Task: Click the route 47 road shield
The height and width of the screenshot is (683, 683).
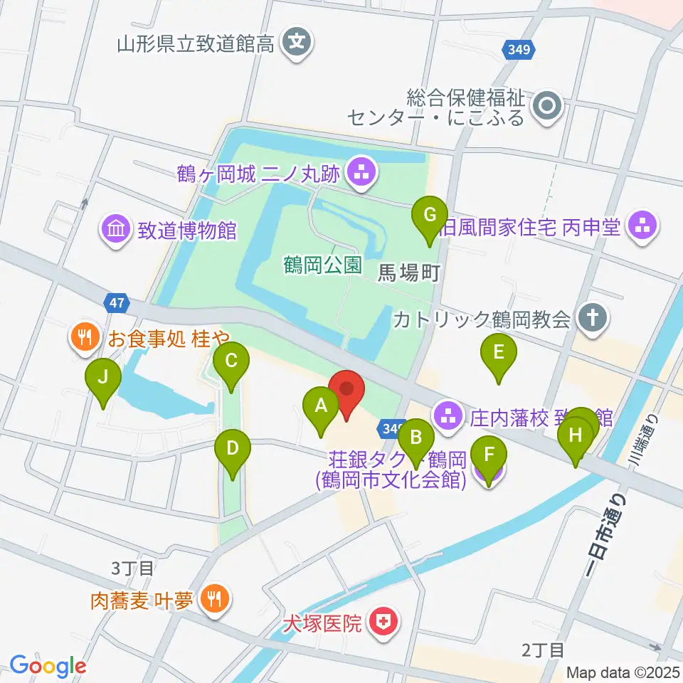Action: (117, 302)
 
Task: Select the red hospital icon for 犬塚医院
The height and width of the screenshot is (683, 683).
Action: (383, 624)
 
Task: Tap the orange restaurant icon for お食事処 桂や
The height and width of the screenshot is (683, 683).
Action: (85, 337)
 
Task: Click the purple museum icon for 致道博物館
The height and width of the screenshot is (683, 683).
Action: (115, 229)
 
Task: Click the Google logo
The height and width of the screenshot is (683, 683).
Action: (48, 666)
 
